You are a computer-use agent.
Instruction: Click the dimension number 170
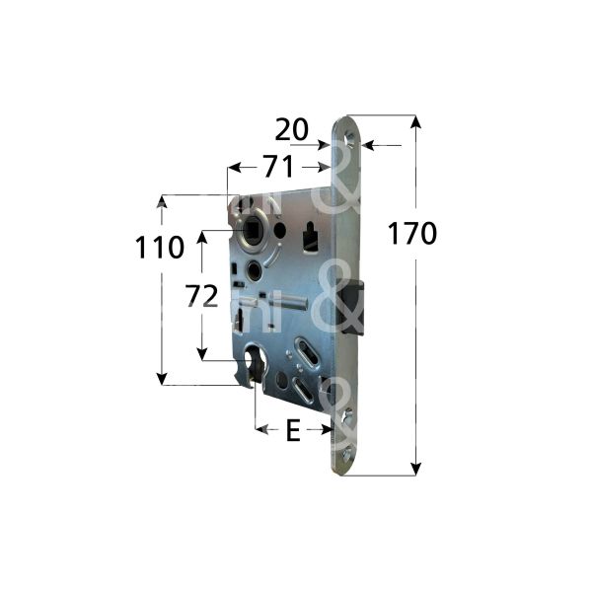point(411,234)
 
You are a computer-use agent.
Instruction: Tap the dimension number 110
point(160,247)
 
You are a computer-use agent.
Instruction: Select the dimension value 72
point(201,296)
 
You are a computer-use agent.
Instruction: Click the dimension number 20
point(292,129)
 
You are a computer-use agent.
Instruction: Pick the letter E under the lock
point(292,431)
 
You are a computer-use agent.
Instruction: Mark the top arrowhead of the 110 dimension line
point(161,202)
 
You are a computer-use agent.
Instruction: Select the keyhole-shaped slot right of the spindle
point(310,236)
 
